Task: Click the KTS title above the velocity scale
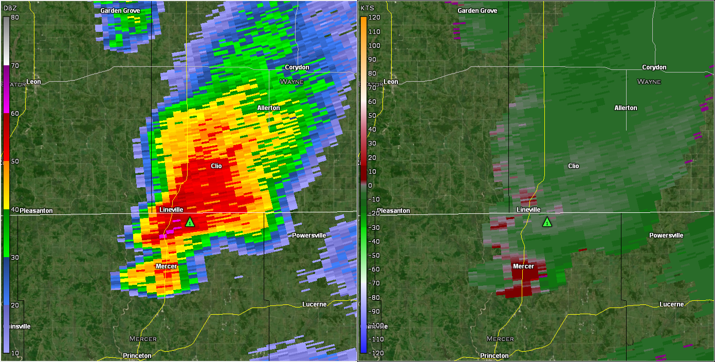coord(367,8)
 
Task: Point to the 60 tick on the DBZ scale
coord(14,113)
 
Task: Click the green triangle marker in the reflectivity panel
coord(190,222)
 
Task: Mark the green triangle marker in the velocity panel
coord(547,222)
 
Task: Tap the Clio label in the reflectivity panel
coord(216,166)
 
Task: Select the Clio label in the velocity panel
coord(573,166)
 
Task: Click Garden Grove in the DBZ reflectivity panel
coord(119,11)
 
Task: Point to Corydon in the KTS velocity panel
coord(654,67)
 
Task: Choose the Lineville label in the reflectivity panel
coord(171,210)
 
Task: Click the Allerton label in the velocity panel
coord(626,108)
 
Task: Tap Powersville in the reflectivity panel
coord(309,236)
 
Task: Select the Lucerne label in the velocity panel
coord(671,304)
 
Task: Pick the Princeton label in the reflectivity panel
coord(137,356)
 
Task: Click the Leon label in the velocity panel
coord(391,82)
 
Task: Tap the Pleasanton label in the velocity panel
coord(393,211)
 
